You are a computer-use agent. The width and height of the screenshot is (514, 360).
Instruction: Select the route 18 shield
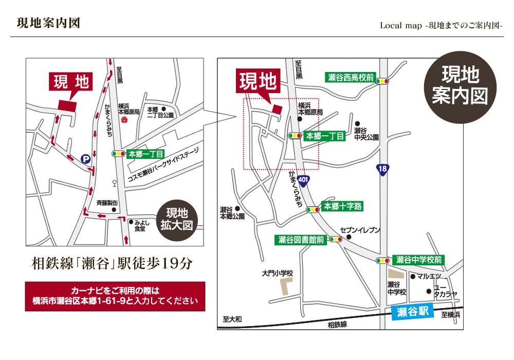382,169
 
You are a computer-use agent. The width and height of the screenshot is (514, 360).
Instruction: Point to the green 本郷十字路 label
342,207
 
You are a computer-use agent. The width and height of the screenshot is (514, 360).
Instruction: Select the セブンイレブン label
360,230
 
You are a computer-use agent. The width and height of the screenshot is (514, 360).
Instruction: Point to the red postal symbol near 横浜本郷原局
124,119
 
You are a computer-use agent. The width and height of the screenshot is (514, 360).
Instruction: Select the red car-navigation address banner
115,296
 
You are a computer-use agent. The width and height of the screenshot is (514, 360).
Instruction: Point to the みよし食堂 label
140,226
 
